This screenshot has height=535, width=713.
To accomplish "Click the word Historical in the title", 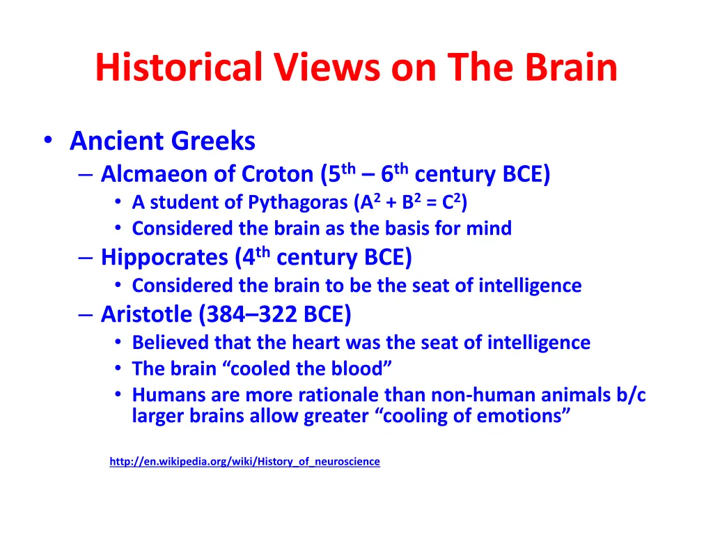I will pos(179,68).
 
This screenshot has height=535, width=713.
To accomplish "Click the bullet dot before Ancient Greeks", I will pos(47,140).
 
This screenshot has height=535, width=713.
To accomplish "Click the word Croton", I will pos(278,173).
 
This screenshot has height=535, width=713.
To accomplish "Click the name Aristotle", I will pos(146,315).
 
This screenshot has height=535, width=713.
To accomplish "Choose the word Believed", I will pos(171,342).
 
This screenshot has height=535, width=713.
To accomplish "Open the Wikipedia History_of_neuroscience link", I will pos(244,461).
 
